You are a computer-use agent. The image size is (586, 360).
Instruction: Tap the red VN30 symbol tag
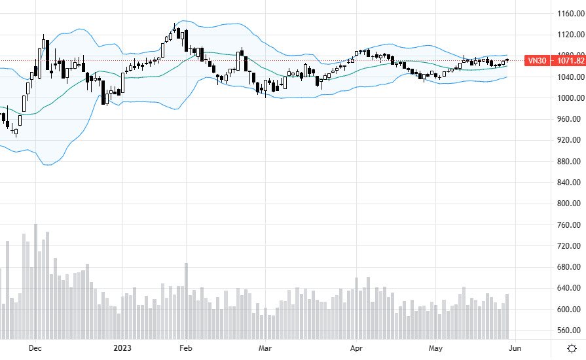(537, 61)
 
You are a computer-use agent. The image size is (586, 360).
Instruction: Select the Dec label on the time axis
(35, 348)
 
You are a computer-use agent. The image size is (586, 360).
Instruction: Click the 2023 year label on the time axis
(124, 348)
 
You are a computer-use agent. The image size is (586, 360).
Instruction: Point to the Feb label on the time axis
(185, 348)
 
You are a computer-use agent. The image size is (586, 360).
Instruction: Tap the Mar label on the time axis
(265, 348)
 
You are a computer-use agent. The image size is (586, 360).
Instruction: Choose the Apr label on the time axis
(356, 348)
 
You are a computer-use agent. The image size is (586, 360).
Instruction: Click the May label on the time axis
(436, 348)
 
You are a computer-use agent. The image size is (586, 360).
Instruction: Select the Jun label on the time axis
(515, 348)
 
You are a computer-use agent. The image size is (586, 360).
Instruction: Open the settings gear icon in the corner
(572, 348)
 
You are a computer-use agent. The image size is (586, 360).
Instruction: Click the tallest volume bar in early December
(35, 281)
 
